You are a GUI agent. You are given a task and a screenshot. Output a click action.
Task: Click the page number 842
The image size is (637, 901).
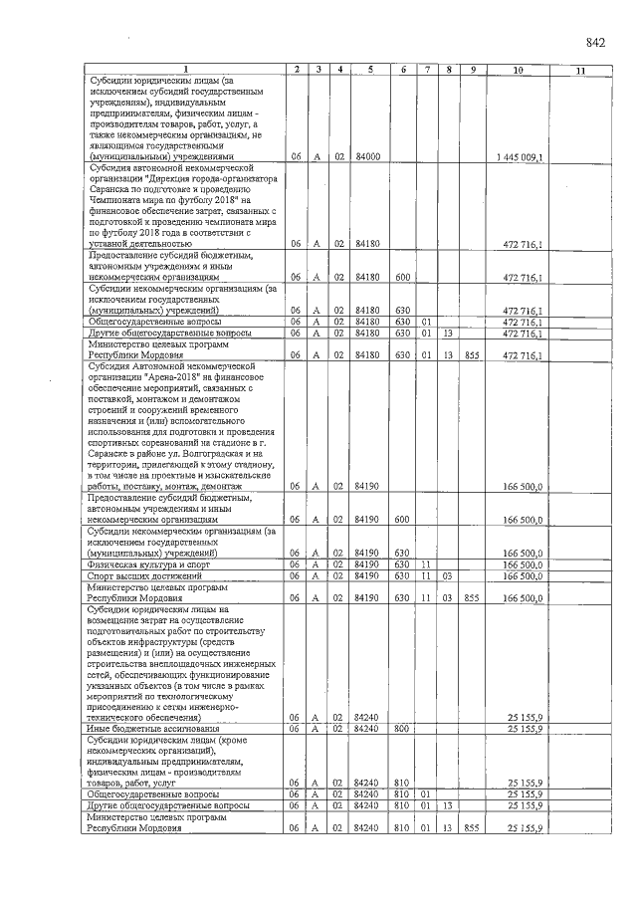point(595,42)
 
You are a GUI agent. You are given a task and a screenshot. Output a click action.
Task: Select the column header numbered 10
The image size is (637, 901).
point(518,70)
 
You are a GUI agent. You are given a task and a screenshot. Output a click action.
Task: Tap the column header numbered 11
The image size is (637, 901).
point(580,70)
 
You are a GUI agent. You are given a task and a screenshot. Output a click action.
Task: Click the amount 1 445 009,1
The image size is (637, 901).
point(518,157)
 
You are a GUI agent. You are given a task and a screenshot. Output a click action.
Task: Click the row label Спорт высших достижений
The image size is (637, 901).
point(133,575)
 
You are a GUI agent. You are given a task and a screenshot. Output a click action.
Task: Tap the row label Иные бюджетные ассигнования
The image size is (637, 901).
point(136,729)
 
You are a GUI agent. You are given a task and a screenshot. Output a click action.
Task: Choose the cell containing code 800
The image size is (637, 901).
point(402,729)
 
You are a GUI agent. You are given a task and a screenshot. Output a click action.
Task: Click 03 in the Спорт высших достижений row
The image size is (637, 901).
point(448,575)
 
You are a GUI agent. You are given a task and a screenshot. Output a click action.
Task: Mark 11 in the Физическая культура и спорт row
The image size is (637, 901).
point(425,564)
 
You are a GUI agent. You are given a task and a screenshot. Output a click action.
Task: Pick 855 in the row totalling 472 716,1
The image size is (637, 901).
point(472,354)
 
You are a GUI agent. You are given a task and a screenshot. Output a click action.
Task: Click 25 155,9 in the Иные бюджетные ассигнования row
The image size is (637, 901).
point(524,729)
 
